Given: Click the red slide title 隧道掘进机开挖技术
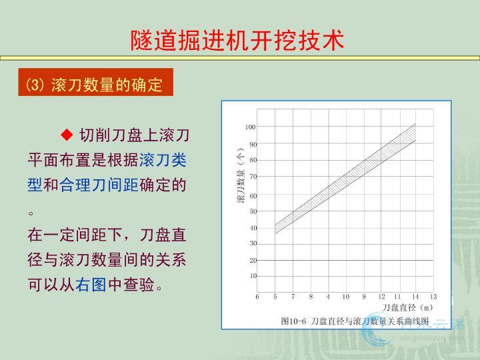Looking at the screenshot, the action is click(x=237, y=40).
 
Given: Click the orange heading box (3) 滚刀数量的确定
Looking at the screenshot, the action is click(x=96, y=82).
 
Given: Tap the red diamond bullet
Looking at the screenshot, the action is click(x=67, y=135).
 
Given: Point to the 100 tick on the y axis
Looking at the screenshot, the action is click(x=250, y=127).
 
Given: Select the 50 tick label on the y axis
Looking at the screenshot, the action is click(x=253, y=211).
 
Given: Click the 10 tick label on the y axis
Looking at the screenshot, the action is click(x=253, y=276).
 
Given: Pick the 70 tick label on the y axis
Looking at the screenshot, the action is click(x=253, y=177).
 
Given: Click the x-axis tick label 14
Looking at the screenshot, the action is click(x=415, y=296).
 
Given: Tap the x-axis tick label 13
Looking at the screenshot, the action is click(x=433, y=296).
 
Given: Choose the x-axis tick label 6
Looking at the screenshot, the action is click(x=257, y=296).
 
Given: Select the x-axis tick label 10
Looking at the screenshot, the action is click(x=345, y=296).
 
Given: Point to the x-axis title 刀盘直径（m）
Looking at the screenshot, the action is click(x=407, y=307).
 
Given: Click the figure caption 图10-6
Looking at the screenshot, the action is click(x=293, y=321).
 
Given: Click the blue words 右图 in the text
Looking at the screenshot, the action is click(x=91, y=285).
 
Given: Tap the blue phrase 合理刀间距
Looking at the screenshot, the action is click(x=99, y=185).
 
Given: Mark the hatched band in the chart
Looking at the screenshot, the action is click(x=345, y=179).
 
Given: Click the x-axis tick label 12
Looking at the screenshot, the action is click(x=381, y=296).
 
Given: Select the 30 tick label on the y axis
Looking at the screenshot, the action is click(x=253, y=243).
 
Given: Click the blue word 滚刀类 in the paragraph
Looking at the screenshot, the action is click(x=163, y=160).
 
